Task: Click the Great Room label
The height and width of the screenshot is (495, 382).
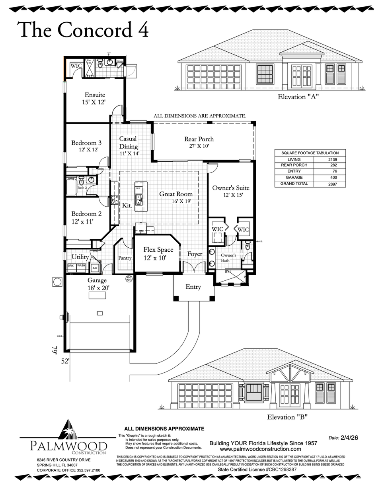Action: pos(176,194)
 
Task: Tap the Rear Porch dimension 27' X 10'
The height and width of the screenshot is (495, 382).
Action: pos(199,146)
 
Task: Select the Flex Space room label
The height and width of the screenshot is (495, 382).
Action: pos(158,250)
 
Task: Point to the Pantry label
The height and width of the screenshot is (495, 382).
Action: pos(125,258)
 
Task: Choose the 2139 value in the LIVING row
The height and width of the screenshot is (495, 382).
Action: pos(329,159)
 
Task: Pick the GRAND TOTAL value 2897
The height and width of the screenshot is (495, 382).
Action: pos(329,184)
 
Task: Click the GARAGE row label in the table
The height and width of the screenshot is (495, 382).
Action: pos(294,178)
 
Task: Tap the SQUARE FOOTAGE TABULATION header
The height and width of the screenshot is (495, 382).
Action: pos(310,153)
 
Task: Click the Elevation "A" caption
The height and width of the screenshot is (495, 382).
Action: pos(298,97)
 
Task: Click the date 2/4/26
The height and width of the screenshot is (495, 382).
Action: pos(349,437)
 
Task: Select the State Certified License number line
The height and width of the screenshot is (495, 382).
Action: pos(263,470)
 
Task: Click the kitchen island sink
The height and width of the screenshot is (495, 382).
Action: pos(138,197)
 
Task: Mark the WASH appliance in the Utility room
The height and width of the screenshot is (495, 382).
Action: pos(81,266)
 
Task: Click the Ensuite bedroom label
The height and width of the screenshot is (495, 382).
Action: pos(95,95)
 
